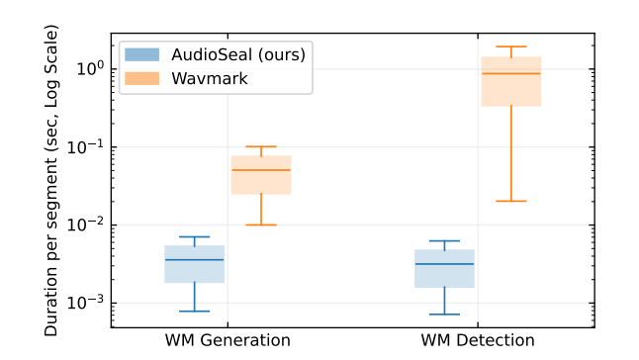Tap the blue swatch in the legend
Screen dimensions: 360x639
pos(140,54)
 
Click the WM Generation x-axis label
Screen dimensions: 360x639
pos(228,340)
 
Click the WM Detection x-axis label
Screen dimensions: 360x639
pos(477,340)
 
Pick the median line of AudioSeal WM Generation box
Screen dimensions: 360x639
pos(194,259)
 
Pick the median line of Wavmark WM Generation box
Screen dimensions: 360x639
pos(261,170)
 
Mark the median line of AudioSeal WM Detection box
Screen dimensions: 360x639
pos(444,264)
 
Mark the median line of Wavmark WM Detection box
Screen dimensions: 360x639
pos(511,73)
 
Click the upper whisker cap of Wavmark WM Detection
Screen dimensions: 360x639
pos(511,46)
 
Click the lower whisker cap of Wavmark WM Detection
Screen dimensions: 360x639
pos(511,201)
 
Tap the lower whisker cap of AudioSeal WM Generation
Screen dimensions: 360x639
pos(194,312)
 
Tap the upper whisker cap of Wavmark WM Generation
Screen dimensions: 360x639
pos(261,146)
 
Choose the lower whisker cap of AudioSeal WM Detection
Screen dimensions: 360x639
pos(444,315)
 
